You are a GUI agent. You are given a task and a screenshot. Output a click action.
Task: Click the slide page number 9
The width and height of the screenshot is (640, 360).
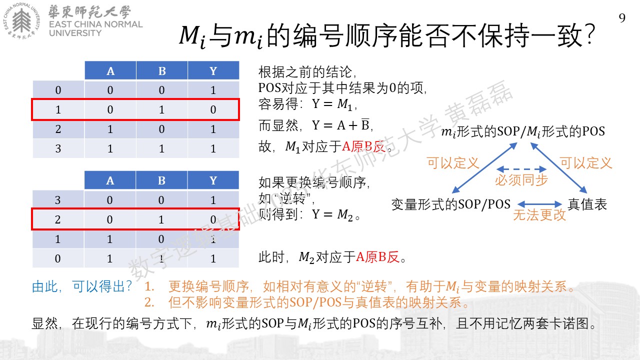click(622, 18)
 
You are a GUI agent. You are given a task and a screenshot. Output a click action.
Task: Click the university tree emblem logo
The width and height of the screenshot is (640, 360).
click(21, 20)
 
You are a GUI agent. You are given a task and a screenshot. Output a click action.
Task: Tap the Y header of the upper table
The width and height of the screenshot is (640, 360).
click(213, 70)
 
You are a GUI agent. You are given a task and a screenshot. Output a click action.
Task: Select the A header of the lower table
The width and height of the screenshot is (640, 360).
click(110, 180)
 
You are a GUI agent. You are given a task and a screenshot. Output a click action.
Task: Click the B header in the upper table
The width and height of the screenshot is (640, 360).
click(162, 70)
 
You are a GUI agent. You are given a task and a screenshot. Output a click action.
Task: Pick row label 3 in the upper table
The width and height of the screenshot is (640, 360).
click(58, 148)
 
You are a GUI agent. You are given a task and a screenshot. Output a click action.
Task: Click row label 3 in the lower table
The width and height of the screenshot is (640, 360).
click(57, 199)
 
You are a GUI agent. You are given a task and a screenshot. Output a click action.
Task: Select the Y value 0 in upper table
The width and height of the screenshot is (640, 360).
click(213, 109)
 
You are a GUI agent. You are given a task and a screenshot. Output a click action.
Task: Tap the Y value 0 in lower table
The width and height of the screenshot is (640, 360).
click(213, 219)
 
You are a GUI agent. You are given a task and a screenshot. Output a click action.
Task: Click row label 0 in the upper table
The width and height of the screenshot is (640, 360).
click(58, 90)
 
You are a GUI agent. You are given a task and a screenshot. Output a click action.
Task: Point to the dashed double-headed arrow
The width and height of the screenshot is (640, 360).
click(521, 169)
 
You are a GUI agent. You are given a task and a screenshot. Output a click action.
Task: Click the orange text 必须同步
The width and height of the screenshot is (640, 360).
click(521, 180)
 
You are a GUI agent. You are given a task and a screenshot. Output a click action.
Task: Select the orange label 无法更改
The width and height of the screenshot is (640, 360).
click(539, 215)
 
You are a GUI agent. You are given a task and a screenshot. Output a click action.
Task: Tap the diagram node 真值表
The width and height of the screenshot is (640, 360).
click(587, 204)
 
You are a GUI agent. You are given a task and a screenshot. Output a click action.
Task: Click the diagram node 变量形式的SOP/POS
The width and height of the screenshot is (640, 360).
click(451, 204)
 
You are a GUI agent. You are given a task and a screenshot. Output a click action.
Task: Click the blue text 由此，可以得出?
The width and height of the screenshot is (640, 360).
click(81, 286)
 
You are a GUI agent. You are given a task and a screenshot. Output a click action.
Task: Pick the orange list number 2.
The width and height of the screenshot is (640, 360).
click(149, 302)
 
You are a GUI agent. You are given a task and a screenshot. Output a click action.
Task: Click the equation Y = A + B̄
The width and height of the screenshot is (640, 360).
click(341, 125)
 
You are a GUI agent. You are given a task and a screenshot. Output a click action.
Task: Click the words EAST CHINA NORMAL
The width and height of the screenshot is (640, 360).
click(95, 24)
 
